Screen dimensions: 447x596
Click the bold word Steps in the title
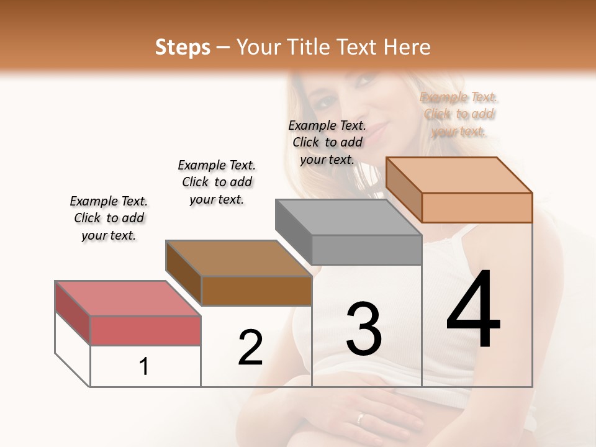[183, 47]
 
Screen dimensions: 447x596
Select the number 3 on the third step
[363, 329]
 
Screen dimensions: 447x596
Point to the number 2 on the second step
[251, 348]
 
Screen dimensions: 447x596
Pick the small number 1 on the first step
[144, 367]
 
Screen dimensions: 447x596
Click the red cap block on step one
[145, 330]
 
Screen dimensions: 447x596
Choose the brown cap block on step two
[256, 290]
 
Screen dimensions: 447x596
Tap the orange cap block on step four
[477, 207]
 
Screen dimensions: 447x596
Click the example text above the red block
[109, 218]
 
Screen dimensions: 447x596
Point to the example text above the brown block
[217, 182]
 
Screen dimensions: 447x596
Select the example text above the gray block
[327, 142]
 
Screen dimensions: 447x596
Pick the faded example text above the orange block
[459, 114]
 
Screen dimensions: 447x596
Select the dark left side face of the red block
[73, 312]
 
